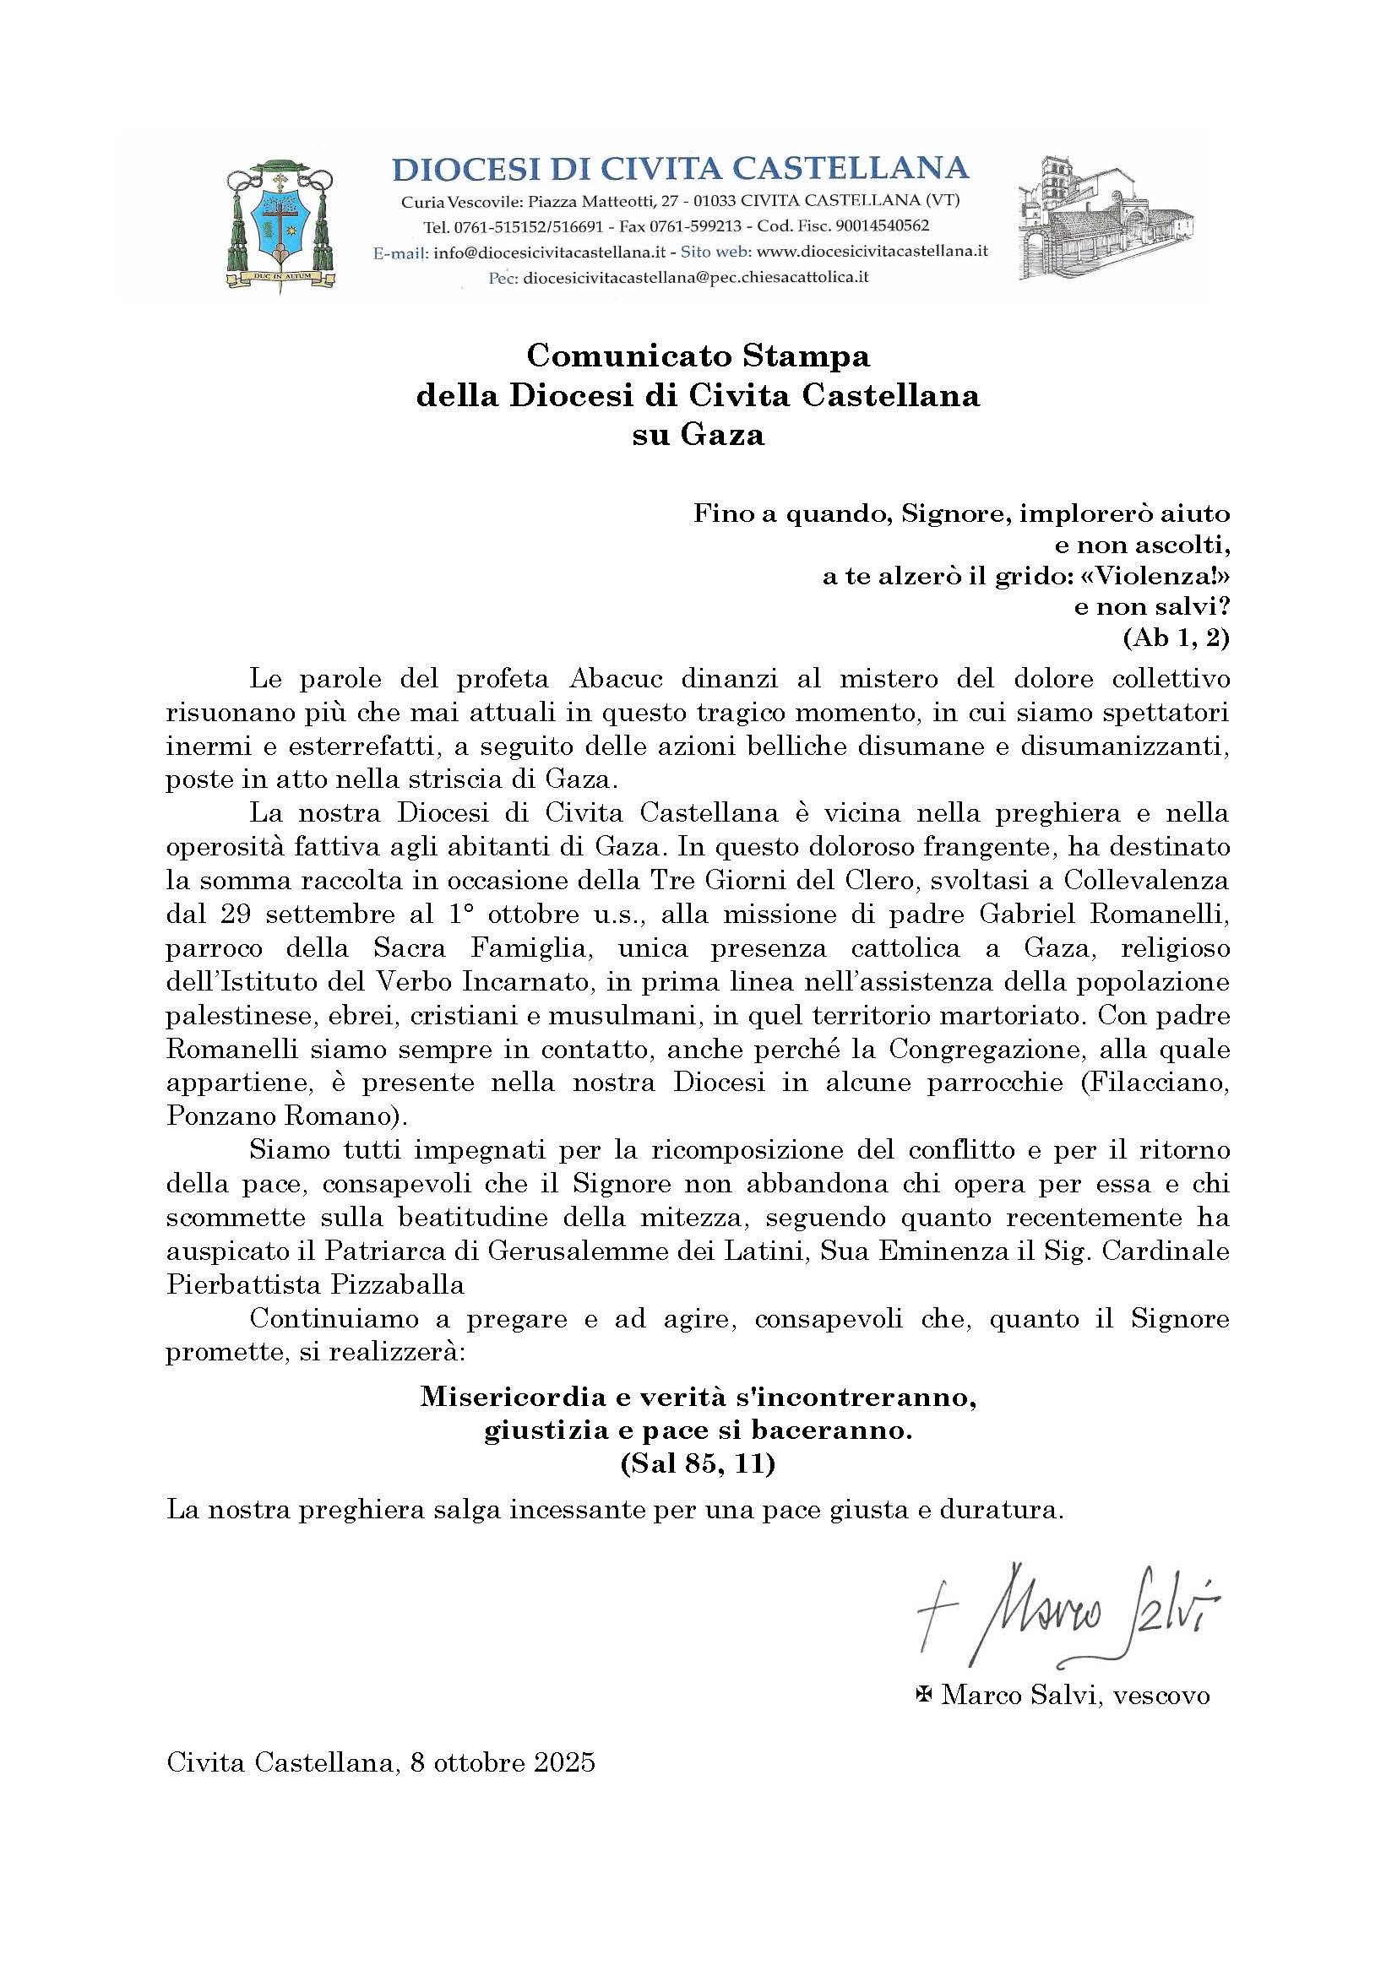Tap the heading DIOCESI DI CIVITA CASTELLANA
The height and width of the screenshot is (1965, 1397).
[x=680, y=168]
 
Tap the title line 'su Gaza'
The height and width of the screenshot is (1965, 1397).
[x=698, y=435]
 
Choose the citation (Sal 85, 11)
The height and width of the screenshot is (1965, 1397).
[x=698, y=1464]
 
